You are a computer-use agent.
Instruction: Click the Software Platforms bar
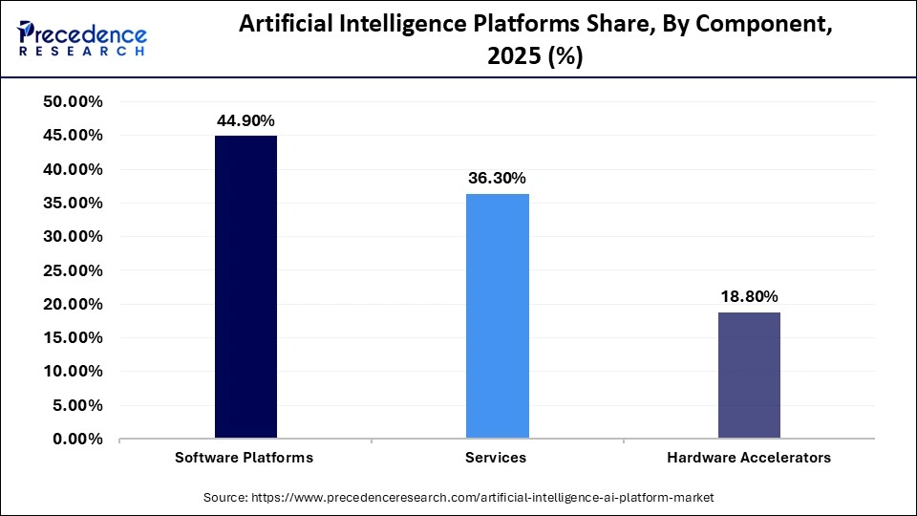point(245,287)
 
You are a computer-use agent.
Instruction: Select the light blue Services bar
point(497,316)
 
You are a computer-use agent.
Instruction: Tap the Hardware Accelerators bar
point(749,376)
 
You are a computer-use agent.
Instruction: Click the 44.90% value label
point(245,120)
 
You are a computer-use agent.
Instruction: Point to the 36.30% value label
point(497,179)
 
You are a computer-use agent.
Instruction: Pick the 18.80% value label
point(749,297)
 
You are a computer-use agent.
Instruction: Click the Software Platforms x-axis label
point(245,458)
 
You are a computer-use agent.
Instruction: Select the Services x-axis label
point(496,458)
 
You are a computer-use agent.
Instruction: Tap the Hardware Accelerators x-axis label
point(749,458)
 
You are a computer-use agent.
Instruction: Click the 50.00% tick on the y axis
point(74,102)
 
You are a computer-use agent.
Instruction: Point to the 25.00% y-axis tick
point(74,270)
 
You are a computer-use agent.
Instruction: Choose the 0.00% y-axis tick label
point(77,440)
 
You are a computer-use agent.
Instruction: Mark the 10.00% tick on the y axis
point(74,372)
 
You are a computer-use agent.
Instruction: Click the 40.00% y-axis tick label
point(74,169)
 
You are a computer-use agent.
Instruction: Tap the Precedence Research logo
point(82,38)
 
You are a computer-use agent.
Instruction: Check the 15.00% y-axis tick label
point(74,338)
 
